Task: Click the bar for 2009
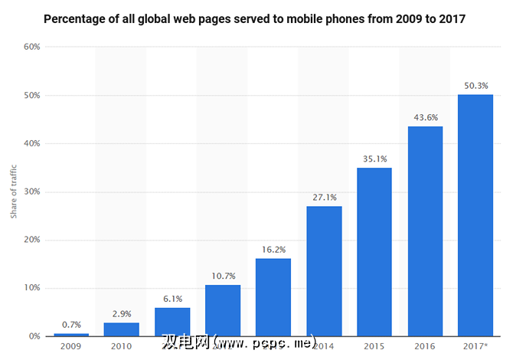tap(71, 334)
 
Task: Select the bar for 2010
tap(122, 329)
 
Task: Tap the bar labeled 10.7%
tap(223, 310)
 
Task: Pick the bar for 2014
tap(324, 271)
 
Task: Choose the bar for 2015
tap(374, 252)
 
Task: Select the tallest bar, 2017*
tap(475, 215)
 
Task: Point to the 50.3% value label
tap(475, 86)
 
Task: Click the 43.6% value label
tap(425, 117)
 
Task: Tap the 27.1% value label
tap(324, 197)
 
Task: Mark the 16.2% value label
tap(273, 250)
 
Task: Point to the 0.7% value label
tap(71, 324)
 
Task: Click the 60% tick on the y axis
tap(32, 47)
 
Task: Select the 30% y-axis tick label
tap(32, 191)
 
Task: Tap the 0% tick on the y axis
tap(34, 336)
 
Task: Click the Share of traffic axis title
tap(14, 191)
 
